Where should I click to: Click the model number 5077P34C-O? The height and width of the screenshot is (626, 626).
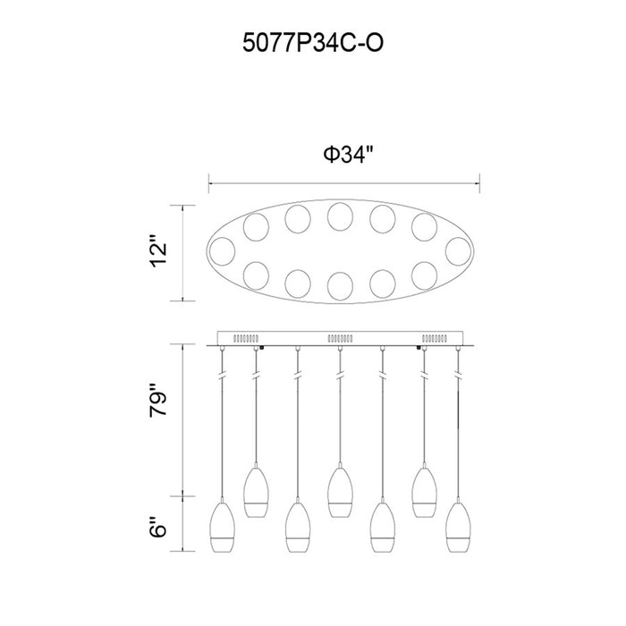click(313, 43)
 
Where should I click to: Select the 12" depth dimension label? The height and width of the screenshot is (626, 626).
click(158, 253)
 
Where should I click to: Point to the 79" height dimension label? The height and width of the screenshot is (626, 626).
click(158, 401)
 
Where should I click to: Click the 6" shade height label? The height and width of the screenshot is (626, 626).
click(158, 527)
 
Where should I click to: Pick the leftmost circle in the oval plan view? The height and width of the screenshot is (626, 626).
click(223, 251)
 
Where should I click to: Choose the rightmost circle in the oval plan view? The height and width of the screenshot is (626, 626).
click(458, 251)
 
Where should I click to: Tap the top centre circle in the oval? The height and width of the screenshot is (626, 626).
click(340, 216)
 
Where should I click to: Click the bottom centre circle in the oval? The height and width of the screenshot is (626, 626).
click(340, 286)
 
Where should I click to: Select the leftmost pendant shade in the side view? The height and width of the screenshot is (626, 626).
click(222, 527)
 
